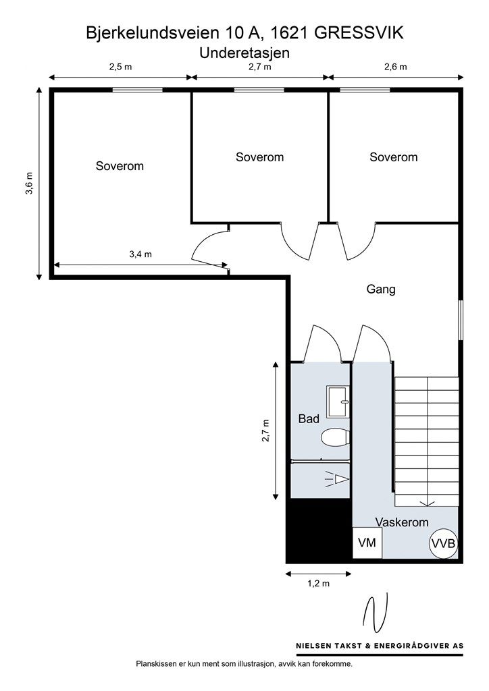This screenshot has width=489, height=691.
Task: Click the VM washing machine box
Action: pyautogui.click(x=367, y=543)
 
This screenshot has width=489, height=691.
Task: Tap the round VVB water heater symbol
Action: pyautogui.click(x=443, y=543)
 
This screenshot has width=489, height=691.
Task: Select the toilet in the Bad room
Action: pyautogui.click(x=335, y=438)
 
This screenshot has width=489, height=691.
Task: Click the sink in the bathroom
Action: pyautogui.click(x=338, y=402)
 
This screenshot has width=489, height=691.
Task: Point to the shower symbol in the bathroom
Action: pyautogui.click(x=337, y=479)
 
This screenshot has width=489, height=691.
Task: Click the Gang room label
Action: pyautogui.click(x=381, y=289)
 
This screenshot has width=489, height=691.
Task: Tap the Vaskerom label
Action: pyautogui.click(x=402, y=522)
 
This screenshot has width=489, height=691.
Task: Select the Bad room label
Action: pyautogui.click(x=309, y=418)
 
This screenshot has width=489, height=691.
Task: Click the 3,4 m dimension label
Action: pyautogui.click(x=140, y=254)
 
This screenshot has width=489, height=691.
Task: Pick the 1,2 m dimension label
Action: pyautogui.click(x=318, y=584)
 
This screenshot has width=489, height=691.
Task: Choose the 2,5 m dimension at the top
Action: pyautogui.click(x=120, y=67)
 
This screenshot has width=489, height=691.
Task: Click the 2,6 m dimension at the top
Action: pyautogui.click(x=396, y=67)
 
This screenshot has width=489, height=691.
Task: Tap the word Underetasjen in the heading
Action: pyautogui.click(x=244, y=53)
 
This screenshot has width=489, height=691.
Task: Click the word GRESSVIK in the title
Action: pyautogui.click(x=359, y=33)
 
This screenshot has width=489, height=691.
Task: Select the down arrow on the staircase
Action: pyautogui.click(x=426, y=502)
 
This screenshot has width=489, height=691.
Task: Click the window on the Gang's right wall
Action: pyautogui.click(x=461, y=320)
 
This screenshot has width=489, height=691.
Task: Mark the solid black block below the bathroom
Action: pyautogui.click(x=319, y=530)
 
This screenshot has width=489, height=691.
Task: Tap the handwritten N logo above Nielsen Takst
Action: pyautogui.click(x=375, y=613)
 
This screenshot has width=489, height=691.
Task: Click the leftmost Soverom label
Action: pyautogui.click(x=120, y=166)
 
